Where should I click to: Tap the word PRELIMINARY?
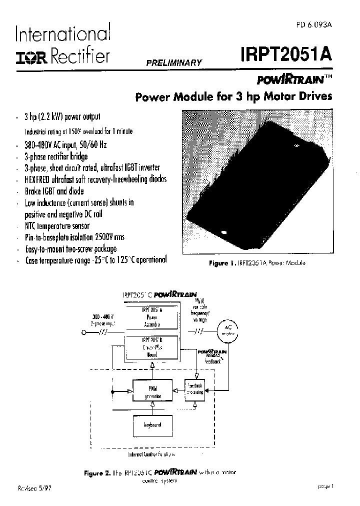click(x=174, y=63)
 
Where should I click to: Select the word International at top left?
click(x=62, y=35)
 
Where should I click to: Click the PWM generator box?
click(x=152, y=390)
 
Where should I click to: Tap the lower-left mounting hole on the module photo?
click(x=222, y=232)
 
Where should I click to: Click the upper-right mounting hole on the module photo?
click(x=296, y=146)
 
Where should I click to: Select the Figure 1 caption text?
click(x=257, y=263)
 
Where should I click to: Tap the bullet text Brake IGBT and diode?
click(x=54, y=191)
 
